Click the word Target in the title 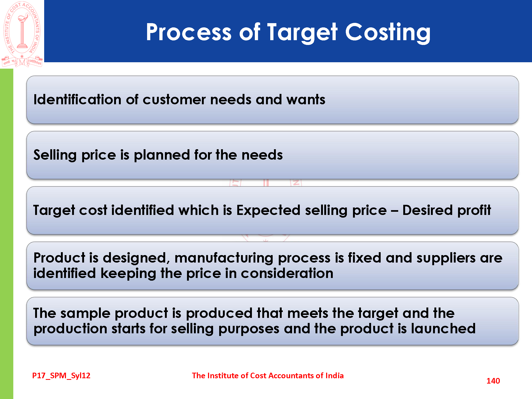302,33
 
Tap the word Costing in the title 388,33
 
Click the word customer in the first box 174,100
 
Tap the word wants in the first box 306,100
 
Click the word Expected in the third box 268,210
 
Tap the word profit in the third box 474,210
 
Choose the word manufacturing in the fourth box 224,258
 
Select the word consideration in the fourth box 287,273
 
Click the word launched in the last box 443,329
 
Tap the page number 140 493,381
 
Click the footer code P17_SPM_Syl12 61,376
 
